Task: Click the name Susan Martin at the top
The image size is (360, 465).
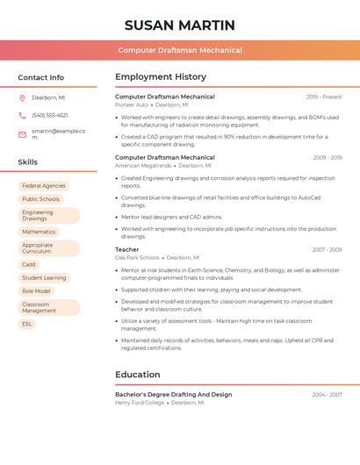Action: [x=180, y=25]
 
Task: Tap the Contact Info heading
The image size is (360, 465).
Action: [x=40, y=77]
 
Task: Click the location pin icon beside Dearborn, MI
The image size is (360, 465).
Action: [x=22, y=98]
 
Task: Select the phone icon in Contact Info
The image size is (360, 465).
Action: [x=22, y=115]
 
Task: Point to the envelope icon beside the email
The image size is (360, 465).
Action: [x=22, y=133]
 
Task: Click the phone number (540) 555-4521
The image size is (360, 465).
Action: [x=49, y=115]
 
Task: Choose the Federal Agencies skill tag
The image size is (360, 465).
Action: [x=44, y=186]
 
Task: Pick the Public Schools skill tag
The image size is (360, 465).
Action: [x=40, y=199]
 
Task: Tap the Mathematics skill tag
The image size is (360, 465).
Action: [x=39, y=232]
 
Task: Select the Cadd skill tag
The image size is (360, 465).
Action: [x=29, y=264]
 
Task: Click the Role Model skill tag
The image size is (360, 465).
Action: [x=36, y=291]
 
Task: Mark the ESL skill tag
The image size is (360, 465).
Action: [x=27, y=324]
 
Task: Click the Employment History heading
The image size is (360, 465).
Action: [x=161, y=77]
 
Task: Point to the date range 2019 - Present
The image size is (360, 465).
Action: [x=324, y=97]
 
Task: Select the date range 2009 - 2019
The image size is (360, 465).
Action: [x=327, y=158]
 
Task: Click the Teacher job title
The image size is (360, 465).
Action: [x=127, y=250]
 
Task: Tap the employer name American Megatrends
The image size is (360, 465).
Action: [x=143, y=165]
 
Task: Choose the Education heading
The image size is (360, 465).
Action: [x=138, y=375]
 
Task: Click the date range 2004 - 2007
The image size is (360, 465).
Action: [x=327, y=395]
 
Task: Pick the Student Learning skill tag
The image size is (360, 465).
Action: [x=44, y=277]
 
